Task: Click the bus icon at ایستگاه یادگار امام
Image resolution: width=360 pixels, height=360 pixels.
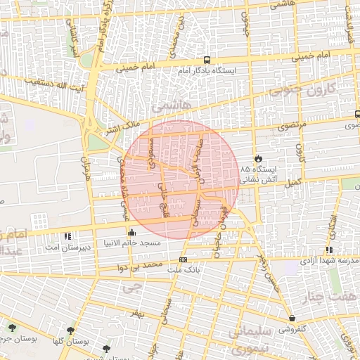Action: click(x=207, y=60)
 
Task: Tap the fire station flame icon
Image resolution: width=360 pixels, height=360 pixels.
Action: click(x=258, y=158)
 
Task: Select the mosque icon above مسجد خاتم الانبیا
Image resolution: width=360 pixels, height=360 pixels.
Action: click(x=131, y=232)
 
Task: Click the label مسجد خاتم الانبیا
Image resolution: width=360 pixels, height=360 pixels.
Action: click(x=132, y=243)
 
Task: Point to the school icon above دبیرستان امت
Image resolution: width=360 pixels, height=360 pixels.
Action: click(x=67, y=237)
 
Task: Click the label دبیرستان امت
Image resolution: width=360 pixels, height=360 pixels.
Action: click(x=66, y=247)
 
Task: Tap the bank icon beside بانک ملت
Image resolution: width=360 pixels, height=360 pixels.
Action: click(x=184, y=259)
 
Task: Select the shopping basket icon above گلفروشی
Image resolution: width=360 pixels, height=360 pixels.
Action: click(x=292, y=318)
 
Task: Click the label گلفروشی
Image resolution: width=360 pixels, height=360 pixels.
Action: click(x=292, y=328)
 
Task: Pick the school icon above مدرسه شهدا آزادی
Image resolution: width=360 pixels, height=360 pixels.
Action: click(x=329, y=250)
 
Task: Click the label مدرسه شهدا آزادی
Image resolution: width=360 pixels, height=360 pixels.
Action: click(x=329, y=260)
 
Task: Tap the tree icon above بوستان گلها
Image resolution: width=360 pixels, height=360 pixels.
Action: click(x=70, y=330)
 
